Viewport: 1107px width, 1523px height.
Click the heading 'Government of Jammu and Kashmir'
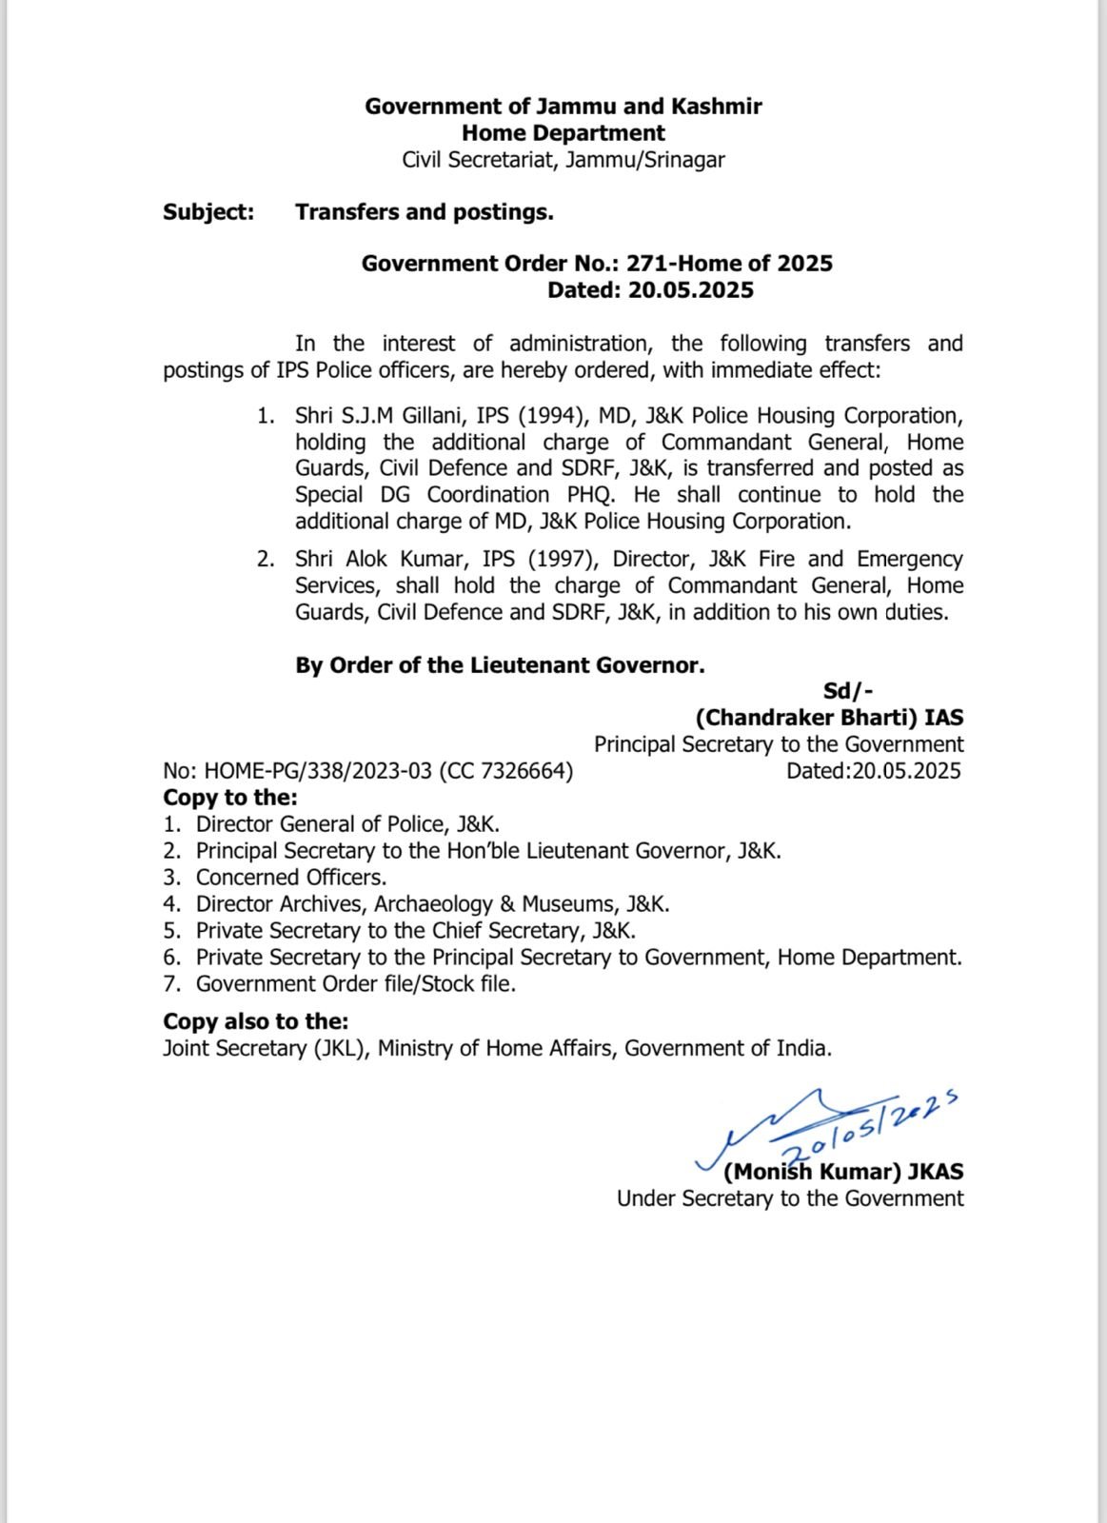[x=563, y=106]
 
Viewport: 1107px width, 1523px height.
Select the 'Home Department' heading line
[x=563, y=132]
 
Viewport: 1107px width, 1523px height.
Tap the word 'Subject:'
[x=208, y=211]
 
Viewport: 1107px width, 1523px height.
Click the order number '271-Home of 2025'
[x=729, y=263]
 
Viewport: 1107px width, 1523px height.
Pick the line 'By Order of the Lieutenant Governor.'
[x=500, y=665]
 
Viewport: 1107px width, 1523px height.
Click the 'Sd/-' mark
[x=848, y=691]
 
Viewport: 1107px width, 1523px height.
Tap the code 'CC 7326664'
[x=505, y=771]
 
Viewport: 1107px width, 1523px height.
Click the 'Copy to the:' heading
[x=230, y=797]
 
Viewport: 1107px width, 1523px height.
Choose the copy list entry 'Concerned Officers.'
[x=291, y=877]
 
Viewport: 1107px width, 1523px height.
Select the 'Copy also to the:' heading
[x=255, y=1021]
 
